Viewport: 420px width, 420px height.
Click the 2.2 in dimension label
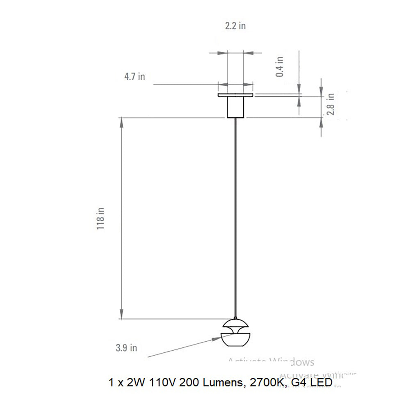[x=235, y=26]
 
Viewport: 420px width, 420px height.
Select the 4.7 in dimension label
[x=135, y=77]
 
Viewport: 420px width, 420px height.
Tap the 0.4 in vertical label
[x=280, y=67]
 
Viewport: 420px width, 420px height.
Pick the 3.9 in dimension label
[x=126, y=348]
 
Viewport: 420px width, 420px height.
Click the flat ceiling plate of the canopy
[x=235, y=96]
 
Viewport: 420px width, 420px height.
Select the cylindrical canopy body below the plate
[x=235, y=108]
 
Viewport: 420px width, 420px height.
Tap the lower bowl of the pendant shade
[x=235, y=339]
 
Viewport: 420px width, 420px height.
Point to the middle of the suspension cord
[x=235, y=217]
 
